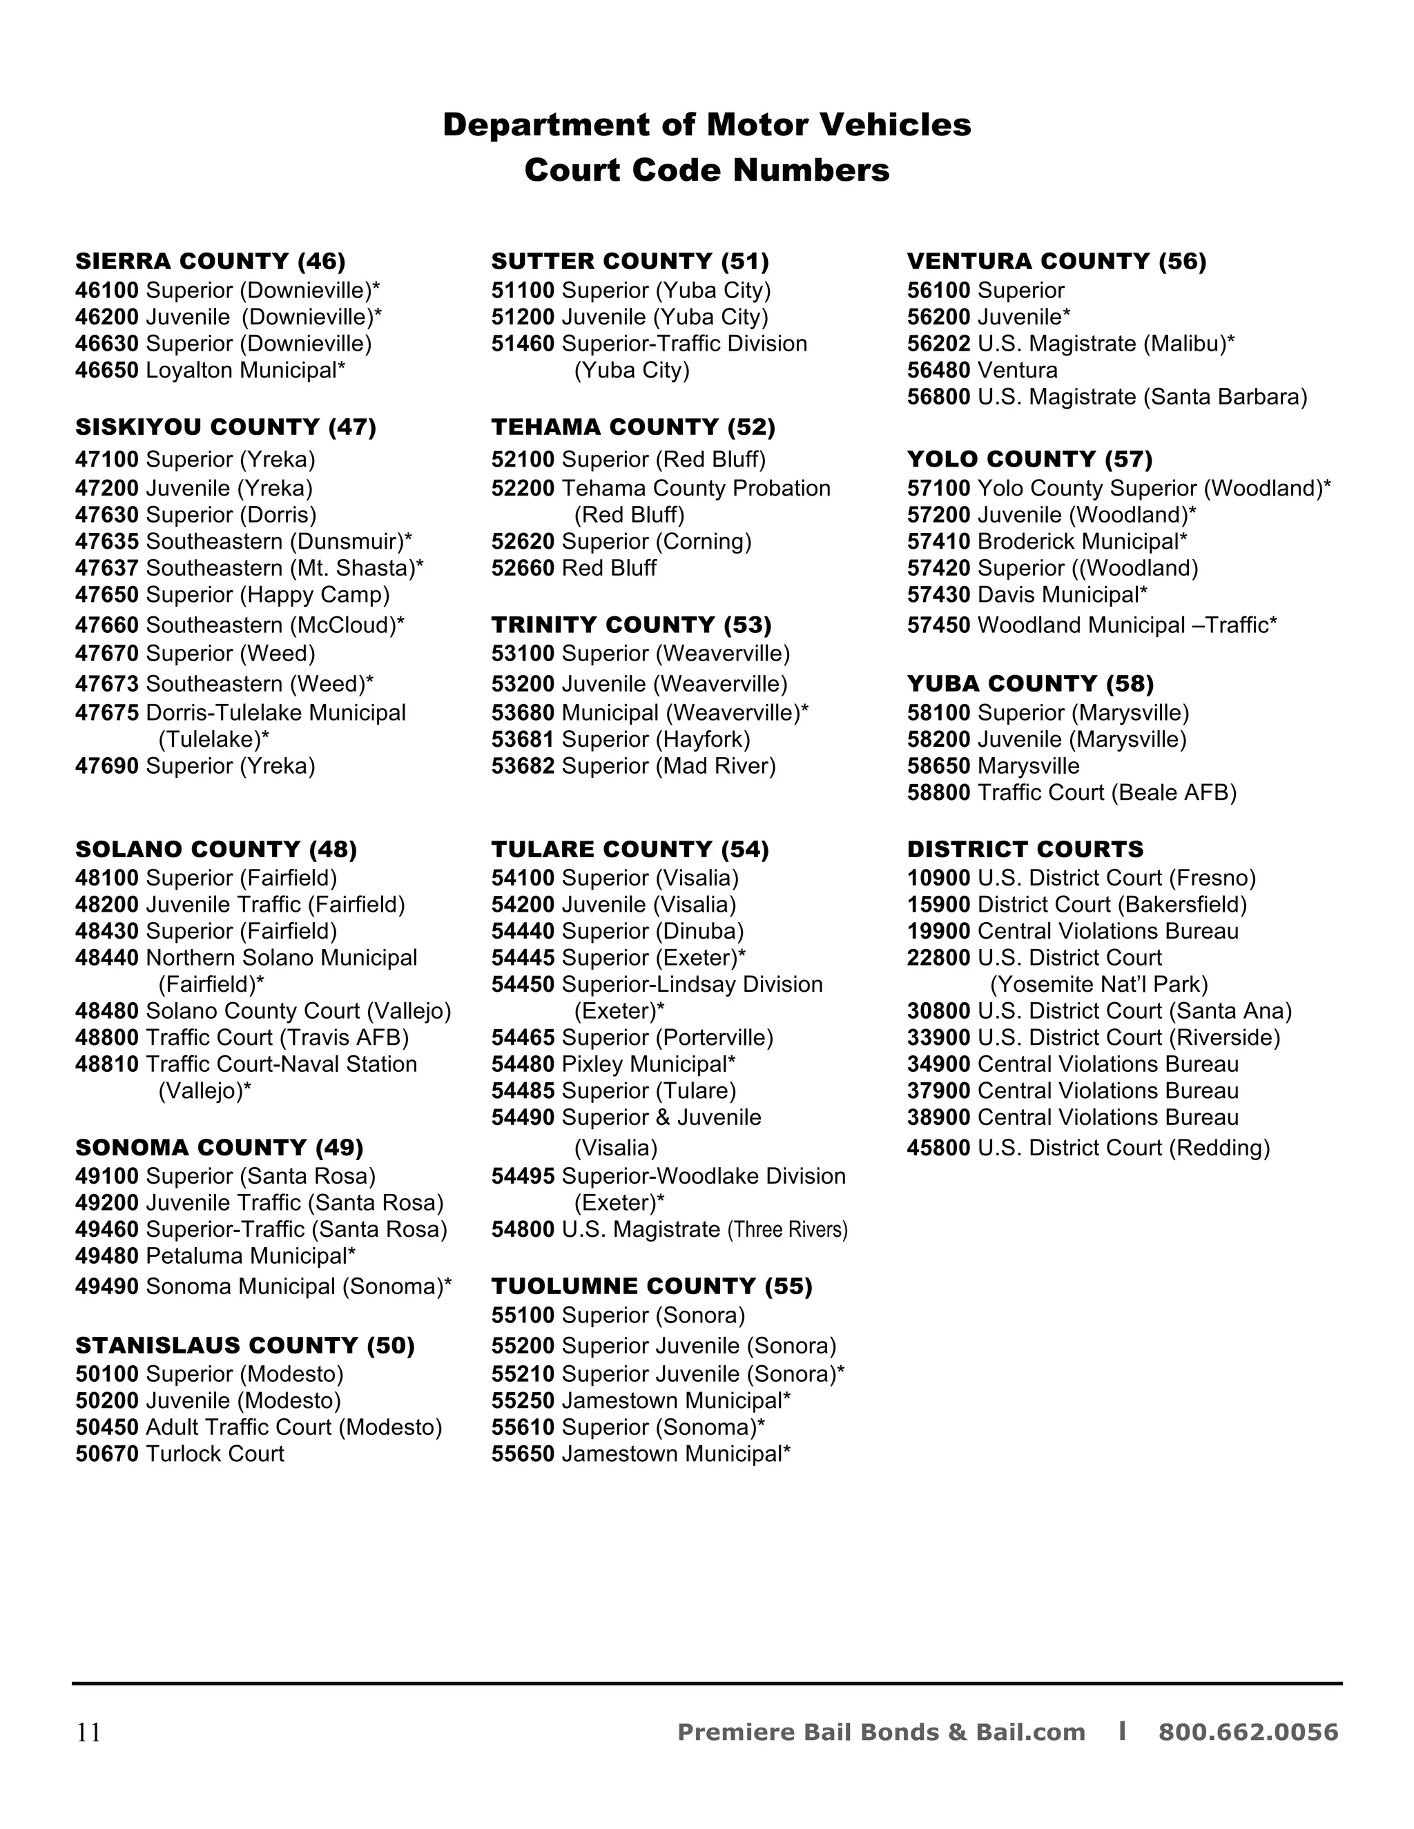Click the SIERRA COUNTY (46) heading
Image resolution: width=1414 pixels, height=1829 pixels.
coord(211,262)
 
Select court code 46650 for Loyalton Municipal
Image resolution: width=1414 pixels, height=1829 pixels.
coord(106,370)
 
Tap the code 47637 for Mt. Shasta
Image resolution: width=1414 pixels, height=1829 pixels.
coord(106,568)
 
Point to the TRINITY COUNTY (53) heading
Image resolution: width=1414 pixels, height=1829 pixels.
coord(631,625)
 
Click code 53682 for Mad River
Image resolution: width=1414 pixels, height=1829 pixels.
coord(523,766)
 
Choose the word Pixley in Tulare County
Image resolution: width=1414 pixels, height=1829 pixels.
coord(592,1064)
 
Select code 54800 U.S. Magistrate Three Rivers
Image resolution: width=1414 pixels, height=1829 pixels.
coord(523,1229)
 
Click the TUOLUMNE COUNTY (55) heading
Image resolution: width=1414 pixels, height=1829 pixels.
coord(652,1287)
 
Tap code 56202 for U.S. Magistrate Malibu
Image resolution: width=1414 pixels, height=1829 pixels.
coord(938,343)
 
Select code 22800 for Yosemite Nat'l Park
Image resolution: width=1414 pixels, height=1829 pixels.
coord(938,957)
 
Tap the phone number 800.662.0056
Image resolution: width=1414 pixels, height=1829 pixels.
coord(1248,1732)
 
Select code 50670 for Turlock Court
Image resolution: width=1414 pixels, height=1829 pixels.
coord(106,1454)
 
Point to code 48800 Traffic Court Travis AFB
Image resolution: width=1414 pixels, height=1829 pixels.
coord(106,1037)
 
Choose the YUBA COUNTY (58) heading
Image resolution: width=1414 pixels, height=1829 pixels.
coord(1029,684)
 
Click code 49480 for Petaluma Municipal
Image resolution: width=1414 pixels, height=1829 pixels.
coord(106,1256)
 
